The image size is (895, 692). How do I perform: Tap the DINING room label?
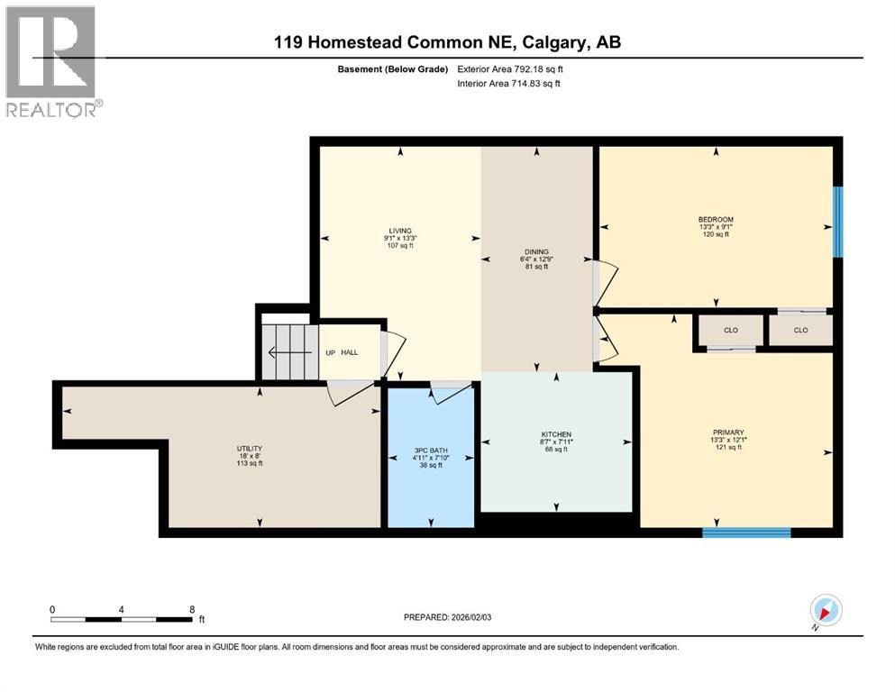click(x=536, y=251)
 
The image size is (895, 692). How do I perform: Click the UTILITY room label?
click(x=249, y=448)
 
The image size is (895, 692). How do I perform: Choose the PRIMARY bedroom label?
click(x=727, y=432)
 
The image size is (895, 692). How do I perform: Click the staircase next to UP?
click(x=288, y=351)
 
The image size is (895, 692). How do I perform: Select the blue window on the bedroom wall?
click(x=837, y=221)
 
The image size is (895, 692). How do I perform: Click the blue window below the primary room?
click(x=746, y=533)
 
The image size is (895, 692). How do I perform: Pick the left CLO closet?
click(x=730, y=330)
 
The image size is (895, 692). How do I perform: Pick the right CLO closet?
click(x=800, y=330)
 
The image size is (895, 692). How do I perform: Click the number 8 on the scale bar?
click(x=192, y=609)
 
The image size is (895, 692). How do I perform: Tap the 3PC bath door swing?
click(x=451, y=390)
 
